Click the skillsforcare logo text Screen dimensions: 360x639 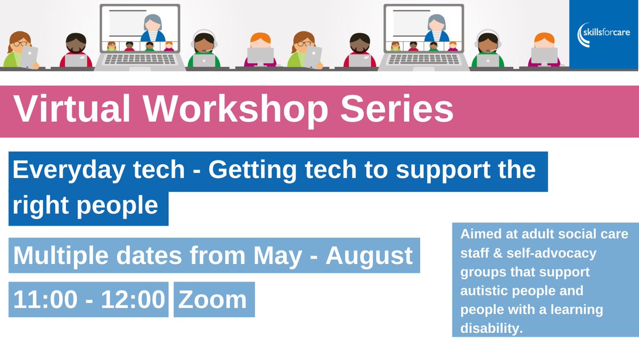pyautogui.click(x=604, y=34)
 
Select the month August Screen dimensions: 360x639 pyautogui.click(x=369, y=257)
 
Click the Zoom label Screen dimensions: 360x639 pyautogui.click(x=213, y=299)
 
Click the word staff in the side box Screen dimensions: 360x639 pyautogui.click(x=473, y=253)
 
